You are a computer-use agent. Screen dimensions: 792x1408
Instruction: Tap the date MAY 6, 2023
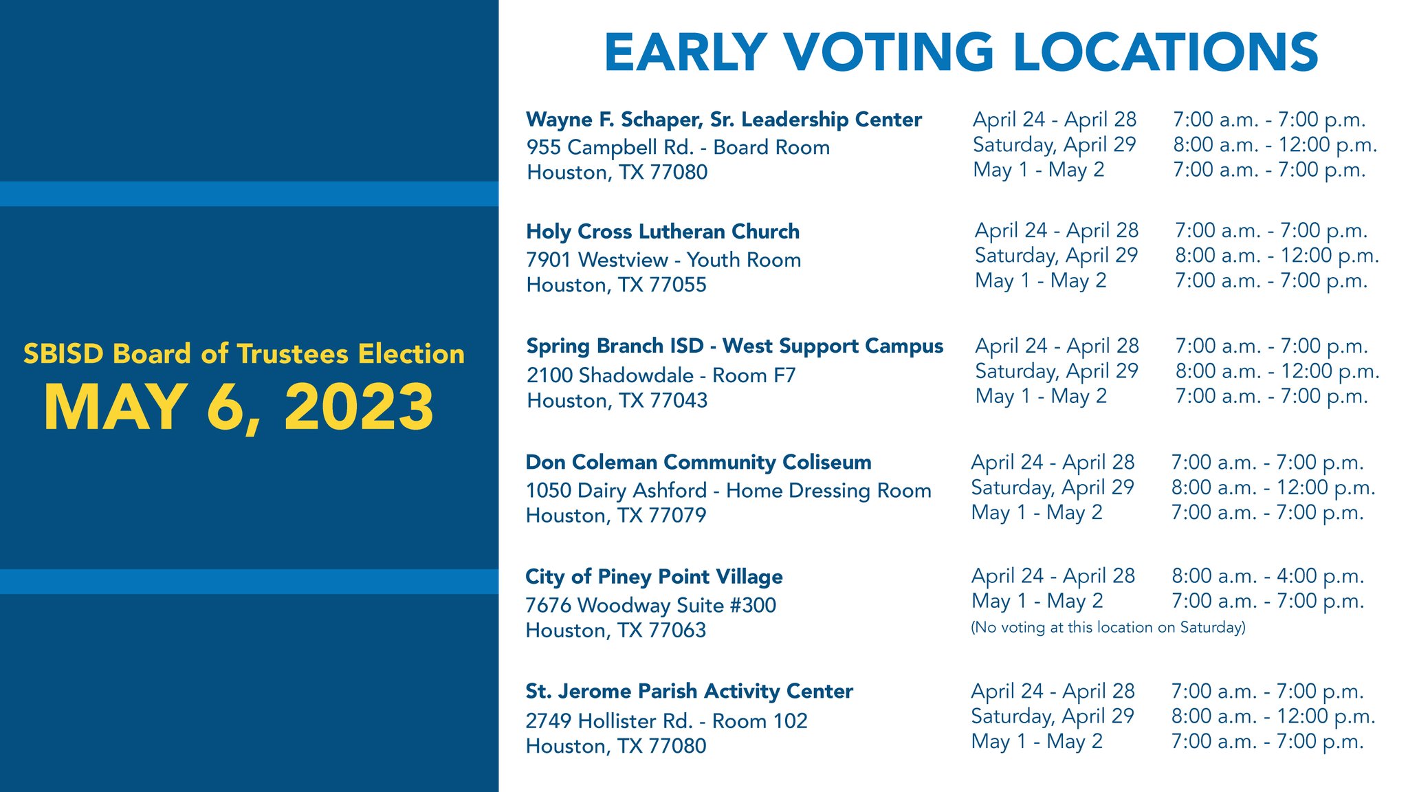coord(239,407)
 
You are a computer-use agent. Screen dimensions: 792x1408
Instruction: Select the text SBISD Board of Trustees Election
coord(244,354)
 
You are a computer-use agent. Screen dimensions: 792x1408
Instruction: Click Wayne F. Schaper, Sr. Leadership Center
coord(723,120)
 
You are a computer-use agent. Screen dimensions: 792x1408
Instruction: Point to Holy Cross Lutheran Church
coord(663,232)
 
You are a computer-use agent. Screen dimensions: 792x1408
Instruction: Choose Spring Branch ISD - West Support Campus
coord(734,346)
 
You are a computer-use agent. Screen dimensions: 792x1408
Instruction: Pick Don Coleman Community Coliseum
coord(698,462)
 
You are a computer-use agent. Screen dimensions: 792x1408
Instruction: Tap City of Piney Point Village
coord(654,576)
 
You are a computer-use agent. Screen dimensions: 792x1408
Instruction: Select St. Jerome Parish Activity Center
coord(689,691)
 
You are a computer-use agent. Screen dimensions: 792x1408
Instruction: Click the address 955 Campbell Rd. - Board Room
coord(678,147)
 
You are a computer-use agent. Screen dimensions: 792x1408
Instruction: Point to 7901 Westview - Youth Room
coord(663,260)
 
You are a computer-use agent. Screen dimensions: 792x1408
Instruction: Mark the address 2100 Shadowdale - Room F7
coord(661,375)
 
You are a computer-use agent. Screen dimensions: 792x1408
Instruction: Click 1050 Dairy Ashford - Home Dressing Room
coord(728,491)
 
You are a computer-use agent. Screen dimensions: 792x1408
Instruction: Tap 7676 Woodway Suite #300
coord(650,605)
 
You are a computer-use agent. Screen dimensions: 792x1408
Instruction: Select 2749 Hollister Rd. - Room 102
coord(666,720)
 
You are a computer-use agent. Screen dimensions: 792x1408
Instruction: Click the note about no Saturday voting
coord(1108,627)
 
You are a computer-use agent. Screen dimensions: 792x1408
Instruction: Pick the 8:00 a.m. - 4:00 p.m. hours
coord(1268,576)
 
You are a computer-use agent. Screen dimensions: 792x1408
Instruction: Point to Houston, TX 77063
coord(615,630)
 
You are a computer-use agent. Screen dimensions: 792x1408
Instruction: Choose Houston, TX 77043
coord(617,400)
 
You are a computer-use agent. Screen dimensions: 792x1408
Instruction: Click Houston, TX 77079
coord(615,516)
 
